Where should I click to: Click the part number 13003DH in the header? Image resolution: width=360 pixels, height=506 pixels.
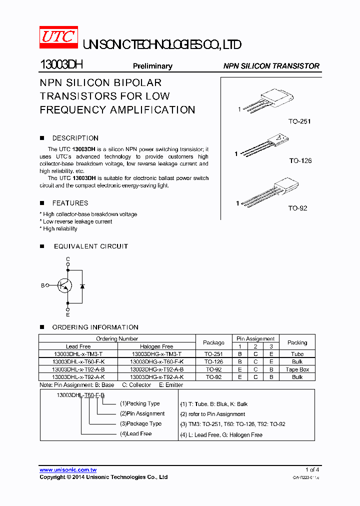(x=61, y=65)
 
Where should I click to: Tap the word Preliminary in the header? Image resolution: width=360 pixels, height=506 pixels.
(x=152, y=66)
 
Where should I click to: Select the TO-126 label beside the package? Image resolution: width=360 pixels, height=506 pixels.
(x=300, y=160)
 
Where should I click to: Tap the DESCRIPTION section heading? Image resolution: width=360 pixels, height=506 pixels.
(x=75, y=138)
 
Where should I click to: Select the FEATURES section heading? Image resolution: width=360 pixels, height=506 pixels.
(x=70, y=203)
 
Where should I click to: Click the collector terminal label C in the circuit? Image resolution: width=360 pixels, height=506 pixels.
(x=68, y=258)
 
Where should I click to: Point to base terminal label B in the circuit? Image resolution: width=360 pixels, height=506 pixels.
(x=43, y=285)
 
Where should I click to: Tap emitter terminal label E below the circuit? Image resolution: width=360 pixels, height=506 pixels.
(x=68, y=315)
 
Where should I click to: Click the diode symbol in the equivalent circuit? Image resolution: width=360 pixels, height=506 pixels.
(x=82, y=286)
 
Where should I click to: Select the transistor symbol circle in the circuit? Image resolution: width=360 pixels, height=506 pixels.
(x=64, y=285)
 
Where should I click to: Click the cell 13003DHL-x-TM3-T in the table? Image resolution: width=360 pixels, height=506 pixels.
(x=78, y=354)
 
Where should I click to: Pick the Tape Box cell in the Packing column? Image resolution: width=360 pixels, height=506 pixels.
(x=297, y=369)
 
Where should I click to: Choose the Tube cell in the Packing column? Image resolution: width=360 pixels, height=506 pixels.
(x=297, y=354)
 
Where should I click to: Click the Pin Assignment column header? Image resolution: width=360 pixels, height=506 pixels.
(x=255, y=338)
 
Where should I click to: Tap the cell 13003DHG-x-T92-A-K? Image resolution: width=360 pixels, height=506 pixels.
(x=156, y=377)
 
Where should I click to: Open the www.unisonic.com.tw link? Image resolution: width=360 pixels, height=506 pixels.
(x=68, y=470)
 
